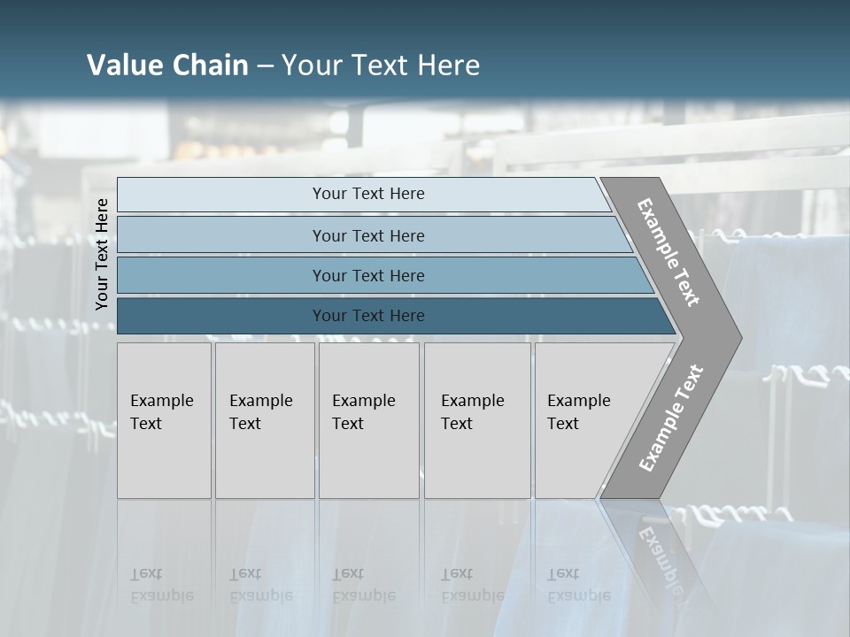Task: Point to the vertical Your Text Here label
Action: tap(102, 254)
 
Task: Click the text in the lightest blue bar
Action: tap(368, 194)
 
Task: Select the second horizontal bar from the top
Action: tap(368, 235)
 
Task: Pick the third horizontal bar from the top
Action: tap(368, 275)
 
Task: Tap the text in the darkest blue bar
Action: tap(368, 316)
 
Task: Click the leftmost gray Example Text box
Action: tap(164, 420)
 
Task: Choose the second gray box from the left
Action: tap(264, 420)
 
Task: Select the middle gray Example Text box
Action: tap(368, 420)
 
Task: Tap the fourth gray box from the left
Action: tap(476, 420)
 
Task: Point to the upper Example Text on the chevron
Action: tap(668, 252)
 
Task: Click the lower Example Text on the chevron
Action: tap(670, 418)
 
